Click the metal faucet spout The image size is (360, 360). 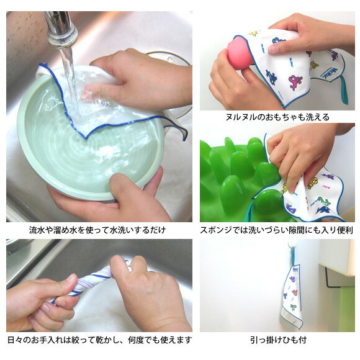(61, 29)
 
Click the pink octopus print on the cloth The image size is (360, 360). (297, 82)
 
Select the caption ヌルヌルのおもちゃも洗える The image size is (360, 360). (277, 117)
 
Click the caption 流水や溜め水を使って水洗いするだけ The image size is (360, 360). (97, 230)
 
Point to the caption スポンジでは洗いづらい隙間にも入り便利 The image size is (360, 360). (277, 230)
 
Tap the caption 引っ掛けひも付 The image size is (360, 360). (278, 340)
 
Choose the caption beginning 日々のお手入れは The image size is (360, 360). (100, 340)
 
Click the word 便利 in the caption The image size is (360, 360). (345, 230)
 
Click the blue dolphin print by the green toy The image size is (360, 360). (323, 210)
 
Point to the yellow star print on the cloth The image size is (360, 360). (254, 34)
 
